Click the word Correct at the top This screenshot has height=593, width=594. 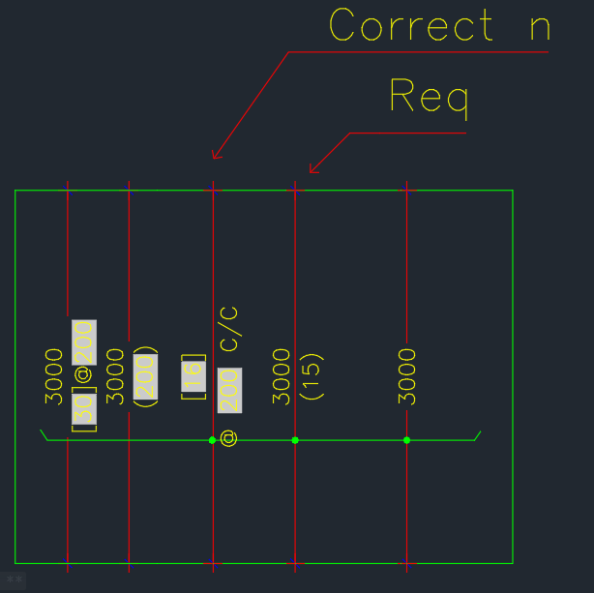411,26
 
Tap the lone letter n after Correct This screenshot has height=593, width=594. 540,26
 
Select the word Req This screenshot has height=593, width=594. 429,96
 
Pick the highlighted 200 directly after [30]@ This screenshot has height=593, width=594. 84,341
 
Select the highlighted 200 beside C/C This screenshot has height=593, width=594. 229,392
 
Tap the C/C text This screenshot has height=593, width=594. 229,330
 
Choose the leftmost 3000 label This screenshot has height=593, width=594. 55,376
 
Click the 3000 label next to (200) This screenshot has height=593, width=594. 115,376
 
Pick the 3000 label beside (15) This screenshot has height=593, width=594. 282,376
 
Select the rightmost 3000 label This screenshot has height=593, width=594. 407,376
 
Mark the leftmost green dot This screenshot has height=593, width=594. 213,440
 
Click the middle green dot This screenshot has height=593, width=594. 295,440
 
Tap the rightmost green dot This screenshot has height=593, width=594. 406,440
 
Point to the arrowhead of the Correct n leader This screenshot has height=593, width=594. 215,155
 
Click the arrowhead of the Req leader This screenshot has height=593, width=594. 312,171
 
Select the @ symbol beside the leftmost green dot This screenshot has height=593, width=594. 229,439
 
